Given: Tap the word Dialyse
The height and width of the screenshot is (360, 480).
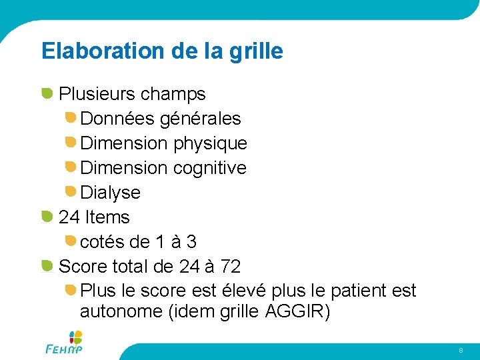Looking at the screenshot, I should [110, 193].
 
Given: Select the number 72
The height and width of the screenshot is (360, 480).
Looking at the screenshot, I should [230, 267].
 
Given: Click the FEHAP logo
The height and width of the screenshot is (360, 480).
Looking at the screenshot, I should [65, 343].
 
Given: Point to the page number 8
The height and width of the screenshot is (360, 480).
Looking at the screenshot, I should [460, 350].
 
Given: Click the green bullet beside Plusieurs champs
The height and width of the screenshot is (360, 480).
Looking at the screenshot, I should [47, 93].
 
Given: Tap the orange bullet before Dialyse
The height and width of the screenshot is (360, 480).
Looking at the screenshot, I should [70, 192].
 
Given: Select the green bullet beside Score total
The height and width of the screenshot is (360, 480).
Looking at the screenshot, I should [47, 266].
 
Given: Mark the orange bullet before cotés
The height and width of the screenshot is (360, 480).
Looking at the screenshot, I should [70, 241].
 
